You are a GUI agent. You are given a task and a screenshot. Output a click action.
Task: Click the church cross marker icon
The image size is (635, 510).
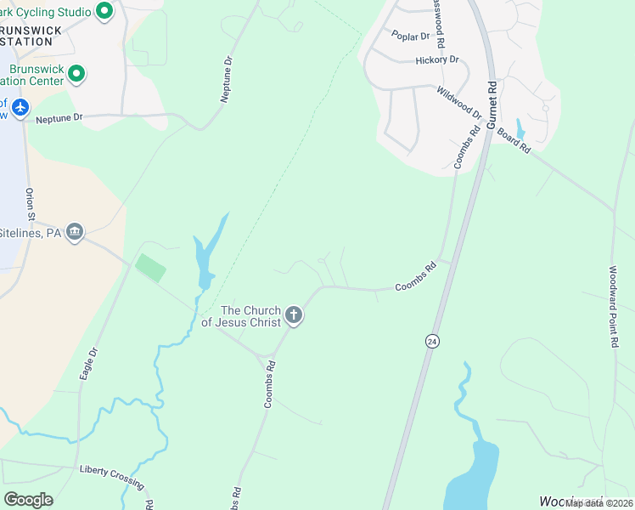click(294, 316)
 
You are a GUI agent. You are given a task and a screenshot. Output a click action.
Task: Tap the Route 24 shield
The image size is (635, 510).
click(433, 341)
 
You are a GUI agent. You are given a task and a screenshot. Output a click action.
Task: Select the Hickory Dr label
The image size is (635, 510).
click(437, 60)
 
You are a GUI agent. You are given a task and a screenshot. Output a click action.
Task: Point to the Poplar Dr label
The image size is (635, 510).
click(407, 35)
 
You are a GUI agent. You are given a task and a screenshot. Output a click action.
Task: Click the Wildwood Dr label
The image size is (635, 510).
click(459, 102)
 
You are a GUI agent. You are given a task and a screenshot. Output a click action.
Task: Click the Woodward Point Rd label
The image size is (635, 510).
click(613, 307)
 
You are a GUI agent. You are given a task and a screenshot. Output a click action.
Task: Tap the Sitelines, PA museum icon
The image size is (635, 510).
click(75, 232)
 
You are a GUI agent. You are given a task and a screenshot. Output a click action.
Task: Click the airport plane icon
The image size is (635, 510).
click(20, 108)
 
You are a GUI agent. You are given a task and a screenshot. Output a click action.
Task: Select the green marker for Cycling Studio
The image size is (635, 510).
click(104, 11)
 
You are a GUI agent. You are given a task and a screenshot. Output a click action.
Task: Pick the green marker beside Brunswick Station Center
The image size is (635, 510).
click(76, 75)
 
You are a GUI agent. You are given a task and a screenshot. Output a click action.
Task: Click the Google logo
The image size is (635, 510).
click(28, 500)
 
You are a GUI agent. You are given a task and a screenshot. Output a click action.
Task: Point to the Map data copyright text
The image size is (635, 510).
click(598, 503)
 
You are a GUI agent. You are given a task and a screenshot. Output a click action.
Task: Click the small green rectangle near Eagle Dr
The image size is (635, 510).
click(150, 269)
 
